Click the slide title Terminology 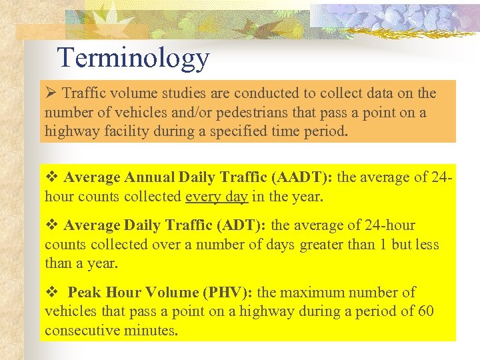point(133,58)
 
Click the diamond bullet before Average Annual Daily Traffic point(51,178)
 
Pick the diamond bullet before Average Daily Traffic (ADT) point(51,226)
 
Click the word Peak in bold point(84,292)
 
